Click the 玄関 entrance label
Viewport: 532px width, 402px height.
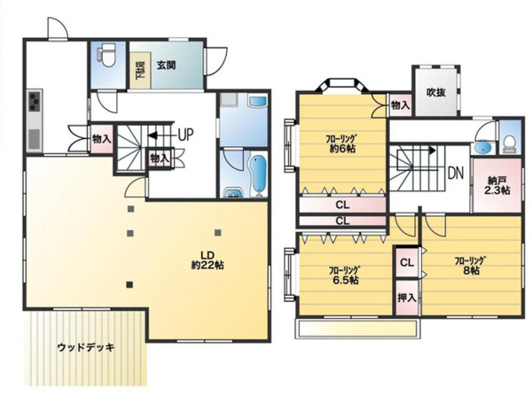167,65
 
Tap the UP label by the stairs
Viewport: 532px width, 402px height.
186,135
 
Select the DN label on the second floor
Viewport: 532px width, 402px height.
456,174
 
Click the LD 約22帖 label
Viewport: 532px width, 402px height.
207,260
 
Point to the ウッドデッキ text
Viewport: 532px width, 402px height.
86,347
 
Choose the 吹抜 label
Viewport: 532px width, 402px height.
435,92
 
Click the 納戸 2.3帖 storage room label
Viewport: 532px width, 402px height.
497,185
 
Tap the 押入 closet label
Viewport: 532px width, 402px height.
407,298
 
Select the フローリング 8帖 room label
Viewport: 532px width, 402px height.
470,266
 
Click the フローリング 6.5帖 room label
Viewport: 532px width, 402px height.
344,275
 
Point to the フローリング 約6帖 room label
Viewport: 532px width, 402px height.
341,143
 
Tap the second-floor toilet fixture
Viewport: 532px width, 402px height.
509,143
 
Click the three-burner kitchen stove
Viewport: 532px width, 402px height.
35,101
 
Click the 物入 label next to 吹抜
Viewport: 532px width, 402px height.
401,105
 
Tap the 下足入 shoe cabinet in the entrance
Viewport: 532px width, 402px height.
140,71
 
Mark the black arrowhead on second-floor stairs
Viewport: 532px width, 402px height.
433,150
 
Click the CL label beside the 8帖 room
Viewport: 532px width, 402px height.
407,263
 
